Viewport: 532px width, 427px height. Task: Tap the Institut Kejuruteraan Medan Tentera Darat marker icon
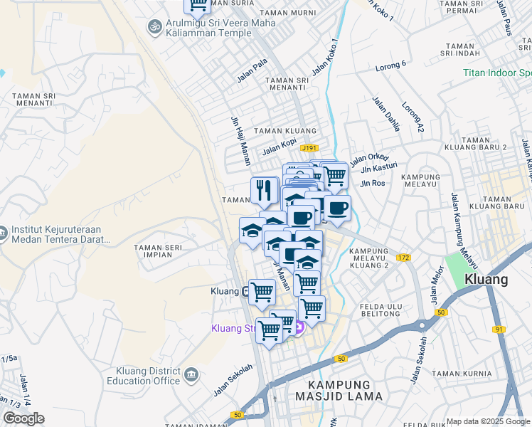[x=2, y=233]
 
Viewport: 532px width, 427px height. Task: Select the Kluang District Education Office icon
[x=191, y=374]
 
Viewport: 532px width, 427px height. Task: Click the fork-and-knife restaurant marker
[x=265, y=190]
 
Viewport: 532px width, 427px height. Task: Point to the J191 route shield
[x=309, y=148]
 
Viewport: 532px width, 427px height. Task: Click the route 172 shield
[x=405, y=257]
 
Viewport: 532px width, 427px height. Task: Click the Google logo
[x=23, y=418]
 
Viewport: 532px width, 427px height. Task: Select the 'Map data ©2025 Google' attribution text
[x=488, y=421]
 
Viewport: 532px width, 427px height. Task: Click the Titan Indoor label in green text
[x=496, y=73]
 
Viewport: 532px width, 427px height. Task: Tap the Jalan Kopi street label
[x=279, y=147]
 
